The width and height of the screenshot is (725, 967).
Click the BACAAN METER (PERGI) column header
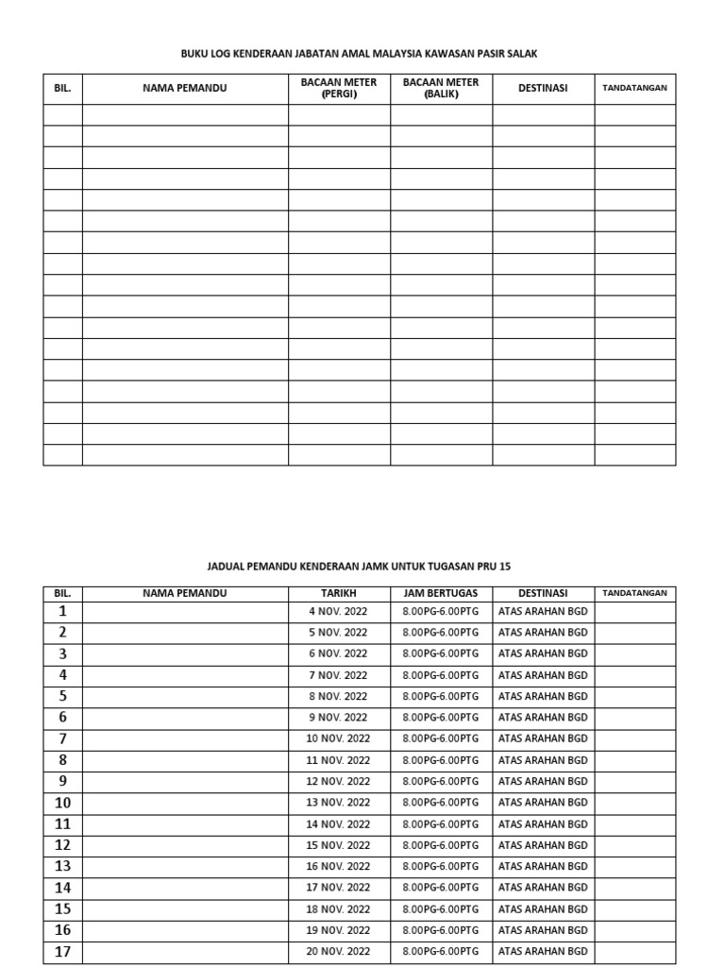[339, 88]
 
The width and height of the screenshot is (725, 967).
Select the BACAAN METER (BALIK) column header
[441, 88]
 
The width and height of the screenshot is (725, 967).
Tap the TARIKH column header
[338, 593]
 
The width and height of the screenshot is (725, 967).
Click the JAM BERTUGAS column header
[441, 593]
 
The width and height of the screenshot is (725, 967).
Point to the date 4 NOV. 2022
[338, 612]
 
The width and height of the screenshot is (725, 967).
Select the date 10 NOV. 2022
[338, 738]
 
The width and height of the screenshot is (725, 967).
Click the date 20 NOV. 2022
[338, 952]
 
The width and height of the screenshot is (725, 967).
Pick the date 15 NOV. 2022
[338, 845]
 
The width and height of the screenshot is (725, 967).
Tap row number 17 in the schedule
[62, 952]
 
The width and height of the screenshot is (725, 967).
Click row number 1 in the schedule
[62, 611]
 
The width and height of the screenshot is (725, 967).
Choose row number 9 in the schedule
[62, 781]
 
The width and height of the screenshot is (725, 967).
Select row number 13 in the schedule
[62, 866]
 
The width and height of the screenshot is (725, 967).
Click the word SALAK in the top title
[522, 54]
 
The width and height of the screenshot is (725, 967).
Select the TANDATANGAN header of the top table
[634, 88]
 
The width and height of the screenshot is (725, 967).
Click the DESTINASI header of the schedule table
[543, 593]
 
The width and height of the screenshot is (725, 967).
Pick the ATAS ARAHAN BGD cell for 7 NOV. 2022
[543, 675]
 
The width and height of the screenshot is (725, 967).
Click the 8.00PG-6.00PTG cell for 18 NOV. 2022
[441, 909]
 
